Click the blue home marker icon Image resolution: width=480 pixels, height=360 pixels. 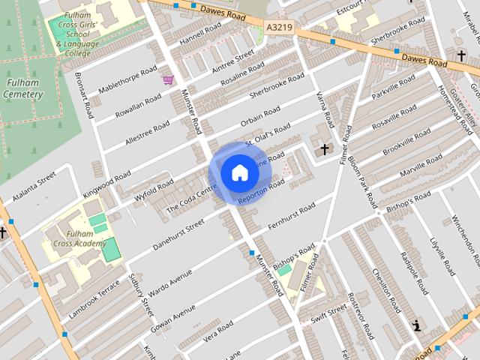(x=239, y=173)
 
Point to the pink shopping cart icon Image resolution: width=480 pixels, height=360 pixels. (x=168, y=79)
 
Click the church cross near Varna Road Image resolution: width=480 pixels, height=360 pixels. (x=324, y=150)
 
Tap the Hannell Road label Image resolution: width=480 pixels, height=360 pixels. (x=201, y=32)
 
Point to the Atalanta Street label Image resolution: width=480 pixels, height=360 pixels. (x=34, y=187)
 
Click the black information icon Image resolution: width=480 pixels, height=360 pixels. (x=416, y=325)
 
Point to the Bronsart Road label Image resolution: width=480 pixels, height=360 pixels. (x=83, y=95)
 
